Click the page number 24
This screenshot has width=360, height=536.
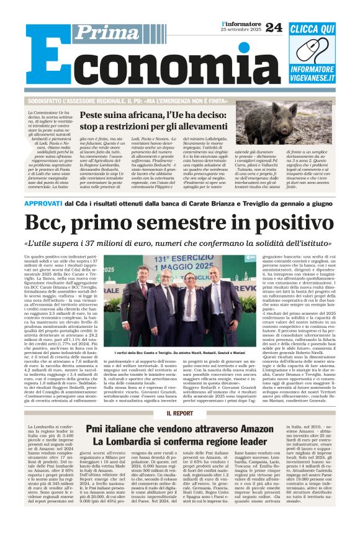(x=273, y=27)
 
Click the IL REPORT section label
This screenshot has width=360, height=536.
(x=179, y=413)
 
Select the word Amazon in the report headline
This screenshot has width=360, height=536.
(x=244, y=429)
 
